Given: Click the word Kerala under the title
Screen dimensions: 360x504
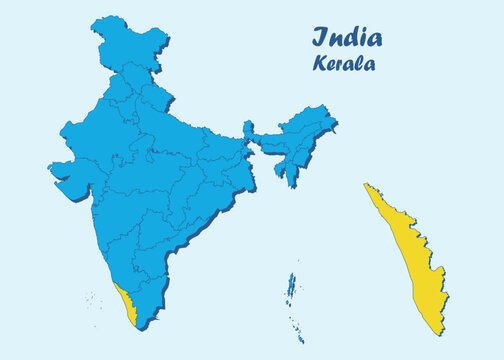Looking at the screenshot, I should click(x=343, y=63).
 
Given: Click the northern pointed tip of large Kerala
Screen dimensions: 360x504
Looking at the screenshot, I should click(x=366, y=185).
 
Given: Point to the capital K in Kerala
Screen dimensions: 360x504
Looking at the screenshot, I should click(x=321, y=63).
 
